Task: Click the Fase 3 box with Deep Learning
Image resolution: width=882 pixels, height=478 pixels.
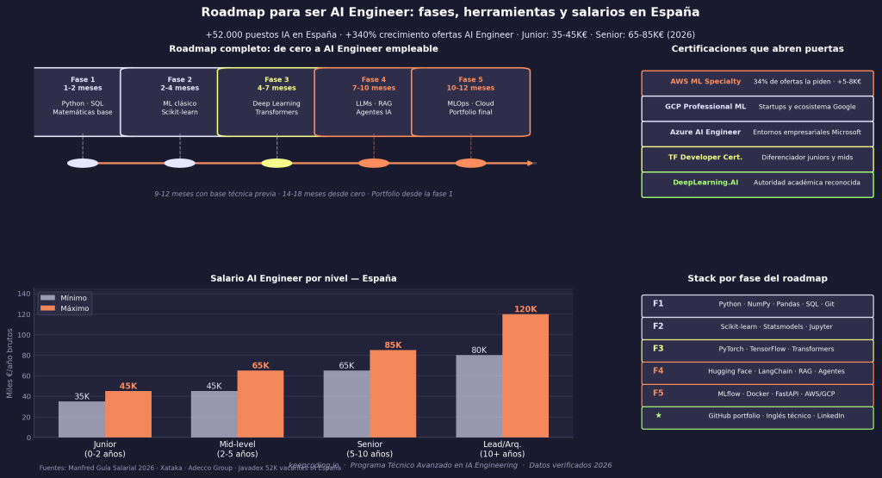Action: coord(276,102)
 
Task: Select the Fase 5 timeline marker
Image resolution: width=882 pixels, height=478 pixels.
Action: coord(470,163)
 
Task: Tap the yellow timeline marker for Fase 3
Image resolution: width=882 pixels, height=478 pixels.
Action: coord(276,163)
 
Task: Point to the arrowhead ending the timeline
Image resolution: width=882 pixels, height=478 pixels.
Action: coord(531,163)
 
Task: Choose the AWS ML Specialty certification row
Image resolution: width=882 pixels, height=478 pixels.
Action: coord(757,82)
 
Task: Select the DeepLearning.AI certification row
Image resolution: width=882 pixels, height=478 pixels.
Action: coord(757,183)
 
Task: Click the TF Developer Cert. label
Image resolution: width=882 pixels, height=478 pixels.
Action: coord(705,158)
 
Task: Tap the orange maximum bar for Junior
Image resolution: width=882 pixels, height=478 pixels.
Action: coord(128,414)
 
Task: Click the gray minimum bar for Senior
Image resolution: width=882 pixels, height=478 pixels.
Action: coord(346,404)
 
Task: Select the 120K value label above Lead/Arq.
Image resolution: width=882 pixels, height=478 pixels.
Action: coord(525,309)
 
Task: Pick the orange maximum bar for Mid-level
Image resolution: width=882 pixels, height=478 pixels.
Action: coord(260,404)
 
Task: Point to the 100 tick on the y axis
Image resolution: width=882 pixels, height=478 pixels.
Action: coord(26,334)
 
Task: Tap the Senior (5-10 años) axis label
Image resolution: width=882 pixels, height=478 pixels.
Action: coord(370,449)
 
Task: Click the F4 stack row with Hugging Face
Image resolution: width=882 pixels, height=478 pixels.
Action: coord(757,371)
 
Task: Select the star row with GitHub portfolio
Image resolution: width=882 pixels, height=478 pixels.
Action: coord(757,417)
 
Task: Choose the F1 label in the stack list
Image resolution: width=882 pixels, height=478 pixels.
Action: coord(658,304)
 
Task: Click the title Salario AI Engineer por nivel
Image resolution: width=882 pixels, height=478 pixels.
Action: coord(303,279)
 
